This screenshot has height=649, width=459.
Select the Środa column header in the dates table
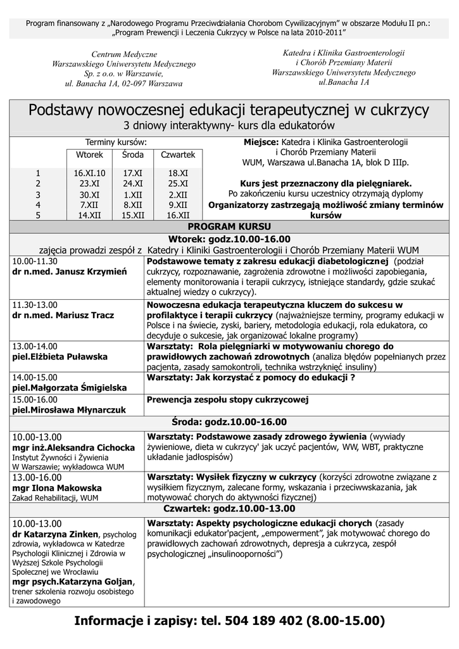(x=133, y=155)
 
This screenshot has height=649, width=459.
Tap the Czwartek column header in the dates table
(x=178, y=155)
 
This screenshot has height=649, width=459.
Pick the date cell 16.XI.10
(x=89, y=172)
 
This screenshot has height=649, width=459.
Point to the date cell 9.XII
(x=178, y=205)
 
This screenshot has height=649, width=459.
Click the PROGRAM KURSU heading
(x=229, y=226)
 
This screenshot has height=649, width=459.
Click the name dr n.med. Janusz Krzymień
(x=70, y=271)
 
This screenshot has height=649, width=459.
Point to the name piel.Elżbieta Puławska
(x=60, y=357)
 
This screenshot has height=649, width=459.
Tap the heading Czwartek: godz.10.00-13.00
(x=229, y=509)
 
